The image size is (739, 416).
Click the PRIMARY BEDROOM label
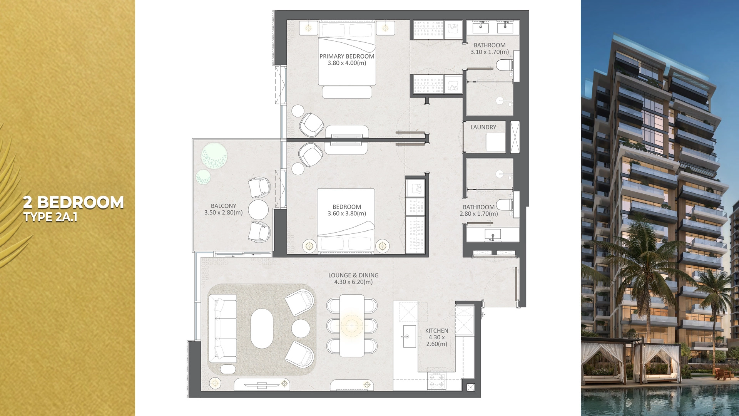coord(346,56)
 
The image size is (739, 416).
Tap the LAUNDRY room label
coord(483,127)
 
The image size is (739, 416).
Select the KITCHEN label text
coord(436,330)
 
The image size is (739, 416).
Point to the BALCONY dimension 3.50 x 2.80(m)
coord(223,213)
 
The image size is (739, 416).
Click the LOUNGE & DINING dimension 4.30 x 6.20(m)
coord(353,282)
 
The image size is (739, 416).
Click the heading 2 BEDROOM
coord(73,202)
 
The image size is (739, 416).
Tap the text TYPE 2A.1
coord(50,217)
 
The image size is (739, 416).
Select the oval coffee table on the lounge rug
coord(262,329)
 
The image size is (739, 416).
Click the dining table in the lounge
coord(352,326)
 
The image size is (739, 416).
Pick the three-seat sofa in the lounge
coord(222,329)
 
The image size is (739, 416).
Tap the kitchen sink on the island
coord(409,336)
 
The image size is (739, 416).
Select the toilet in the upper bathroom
coord(503,65)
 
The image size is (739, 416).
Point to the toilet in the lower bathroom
coord(503,204)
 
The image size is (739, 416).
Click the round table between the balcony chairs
coord(258,210)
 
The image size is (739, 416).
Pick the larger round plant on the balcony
coord(214,156)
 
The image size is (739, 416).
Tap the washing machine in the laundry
coord(495,142)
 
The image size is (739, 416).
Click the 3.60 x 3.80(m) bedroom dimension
coord(346,213)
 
